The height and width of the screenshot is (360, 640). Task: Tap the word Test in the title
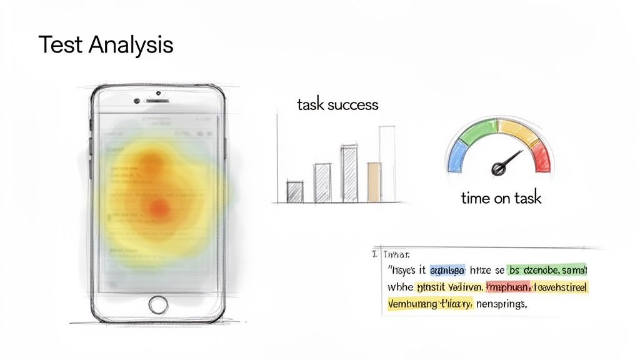[61, 45]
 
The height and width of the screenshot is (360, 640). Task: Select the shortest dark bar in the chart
[294, 191]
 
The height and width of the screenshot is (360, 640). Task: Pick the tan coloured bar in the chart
[374, 182]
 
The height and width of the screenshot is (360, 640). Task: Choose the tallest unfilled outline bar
[387, 164]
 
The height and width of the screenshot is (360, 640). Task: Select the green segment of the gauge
[477, 129]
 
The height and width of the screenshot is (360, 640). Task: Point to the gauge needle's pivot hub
[499, 167]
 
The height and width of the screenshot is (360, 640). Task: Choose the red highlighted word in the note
[507, 287]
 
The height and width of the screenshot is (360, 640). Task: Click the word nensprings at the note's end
[502, 305]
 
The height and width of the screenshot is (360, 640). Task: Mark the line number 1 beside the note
[374, 254]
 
